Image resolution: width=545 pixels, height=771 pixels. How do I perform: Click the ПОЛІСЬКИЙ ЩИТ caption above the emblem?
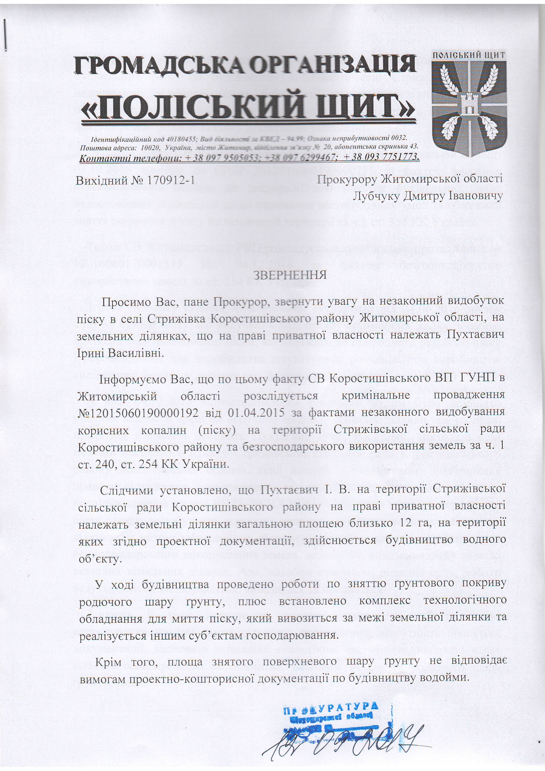[469, 55]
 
